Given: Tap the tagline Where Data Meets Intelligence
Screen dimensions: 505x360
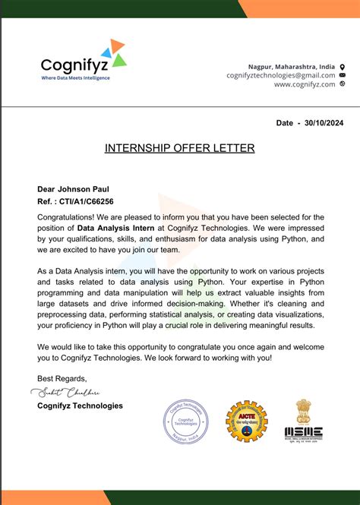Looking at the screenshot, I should tap(75, 78).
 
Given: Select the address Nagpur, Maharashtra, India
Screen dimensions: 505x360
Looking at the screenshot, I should tap(292, 67).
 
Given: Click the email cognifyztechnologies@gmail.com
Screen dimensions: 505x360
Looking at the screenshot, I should tap(280, 75).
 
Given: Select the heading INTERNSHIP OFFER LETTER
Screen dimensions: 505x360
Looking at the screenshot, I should tap(180, 147).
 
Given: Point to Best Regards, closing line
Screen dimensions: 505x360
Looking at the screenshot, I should tap(62, 378).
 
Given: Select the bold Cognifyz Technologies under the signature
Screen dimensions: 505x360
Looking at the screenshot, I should tap(80, 406).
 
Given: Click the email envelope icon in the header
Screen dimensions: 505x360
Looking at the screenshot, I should tap(343, 75).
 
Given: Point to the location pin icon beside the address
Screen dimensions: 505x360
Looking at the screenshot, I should tap(343, 67).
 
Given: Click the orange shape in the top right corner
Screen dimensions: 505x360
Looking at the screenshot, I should tap(304, 8).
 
